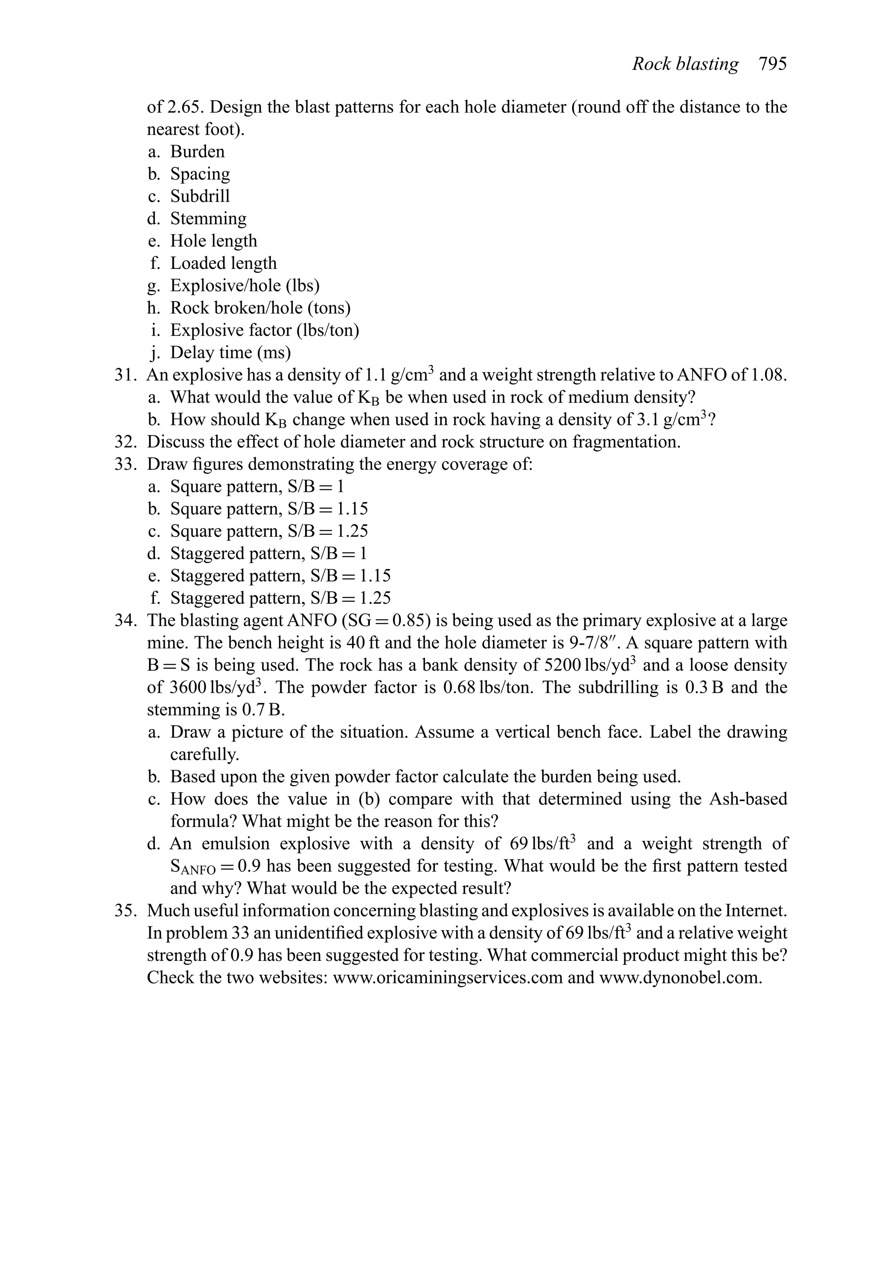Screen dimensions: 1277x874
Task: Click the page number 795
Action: pos(772,64)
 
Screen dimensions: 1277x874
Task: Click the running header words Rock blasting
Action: pos(685,64)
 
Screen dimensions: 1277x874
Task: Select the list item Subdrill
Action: pos(200,196)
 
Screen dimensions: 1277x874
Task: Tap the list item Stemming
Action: pos(208,219)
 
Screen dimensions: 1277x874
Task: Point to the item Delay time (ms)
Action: pos(230,353)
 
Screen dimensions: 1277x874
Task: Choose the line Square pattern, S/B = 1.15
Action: pos(269,509)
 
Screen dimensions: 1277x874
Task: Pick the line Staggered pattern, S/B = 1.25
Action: pos(280,598)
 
